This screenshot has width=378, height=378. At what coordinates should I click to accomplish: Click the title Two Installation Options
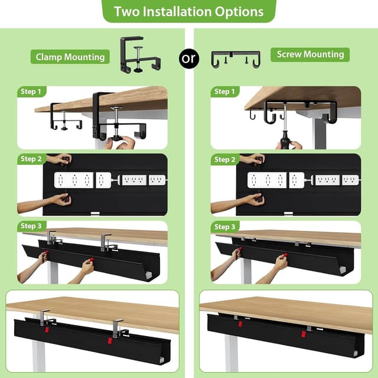coord(188,11)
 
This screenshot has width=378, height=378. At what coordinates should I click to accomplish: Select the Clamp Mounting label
coord(70,57)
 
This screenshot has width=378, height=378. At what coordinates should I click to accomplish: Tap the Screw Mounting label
coord(310,54)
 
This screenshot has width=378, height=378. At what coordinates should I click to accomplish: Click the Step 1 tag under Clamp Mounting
coord(31,92)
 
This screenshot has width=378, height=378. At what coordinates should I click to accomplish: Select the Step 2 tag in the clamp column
coord(31,159)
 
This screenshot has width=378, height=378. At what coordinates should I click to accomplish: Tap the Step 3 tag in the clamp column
coord(31,226)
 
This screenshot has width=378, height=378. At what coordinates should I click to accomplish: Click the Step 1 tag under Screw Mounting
coord(223,92)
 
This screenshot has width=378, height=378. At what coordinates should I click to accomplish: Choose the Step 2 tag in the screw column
coord(223,159)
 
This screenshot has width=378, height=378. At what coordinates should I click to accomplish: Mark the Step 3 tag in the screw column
coord(223,227)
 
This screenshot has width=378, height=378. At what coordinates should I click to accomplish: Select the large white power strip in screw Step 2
coord(267,180)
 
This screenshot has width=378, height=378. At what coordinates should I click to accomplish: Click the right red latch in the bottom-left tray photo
coord(110,342)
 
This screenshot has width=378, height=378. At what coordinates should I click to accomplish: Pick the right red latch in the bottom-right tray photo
coord(303,334)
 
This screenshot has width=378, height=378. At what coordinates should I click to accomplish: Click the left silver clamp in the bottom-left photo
coord(45,318)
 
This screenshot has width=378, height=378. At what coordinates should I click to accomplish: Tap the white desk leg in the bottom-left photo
coord(39,357)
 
